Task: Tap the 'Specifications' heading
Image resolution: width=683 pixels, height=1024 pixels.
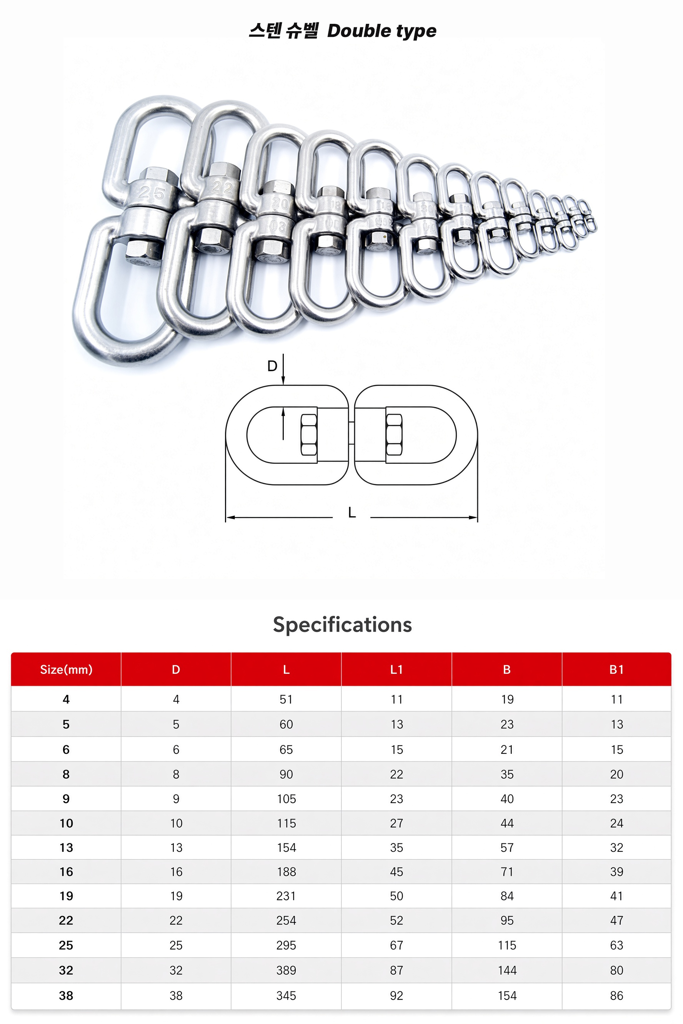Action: tap(342, 625)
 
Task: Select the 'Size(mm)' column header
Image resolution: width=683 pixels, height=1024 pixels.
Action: tap(66, 669)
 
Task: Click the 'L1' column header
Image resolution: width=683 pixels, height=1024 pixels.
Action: tap(396, 669)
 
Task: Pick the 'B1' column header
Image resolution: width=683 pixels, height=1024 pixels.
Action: tap(617, 669)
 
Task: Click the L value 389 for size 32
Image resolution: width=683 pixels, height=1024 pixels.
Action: tap(286, 970)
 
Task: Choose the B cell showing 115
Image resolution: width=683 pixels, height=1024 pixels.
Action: tap(507, 945)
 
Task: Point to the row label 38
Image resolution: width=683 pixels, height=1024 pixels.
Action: tap(66, 995)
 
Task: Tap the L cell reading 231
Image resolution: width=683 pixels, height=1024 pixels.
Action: tap(286, 896)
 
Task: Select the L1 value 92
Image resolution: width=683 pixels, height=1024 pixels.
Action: tap(396, 995)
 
